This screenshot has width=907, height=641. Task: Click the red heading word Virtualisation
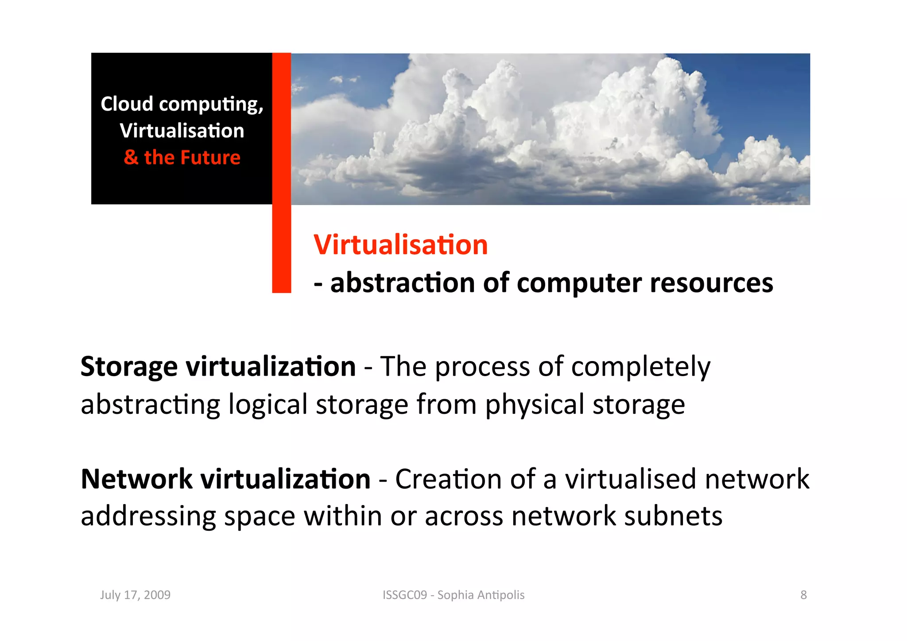400,245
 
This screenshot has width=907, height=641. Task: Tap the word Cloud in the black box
127,104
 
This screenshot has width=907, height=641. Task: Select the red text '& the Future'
182,158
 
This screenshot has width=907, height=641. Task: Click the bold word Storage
129,367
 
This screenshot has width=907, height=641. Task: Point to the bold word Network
136,479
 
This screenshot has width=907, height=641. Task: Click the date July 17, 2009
135,595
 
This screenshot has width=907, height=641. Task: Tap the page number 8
803,595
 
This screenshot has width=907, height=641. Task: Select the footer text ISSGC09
405,595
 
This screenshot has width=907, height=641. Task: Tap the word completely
640,367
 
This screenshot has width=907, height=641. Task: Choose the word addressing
148,517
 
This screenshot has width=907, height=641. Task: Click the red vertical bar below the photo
282,248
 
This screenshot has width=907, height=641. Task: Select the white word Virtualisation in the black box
182,131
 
